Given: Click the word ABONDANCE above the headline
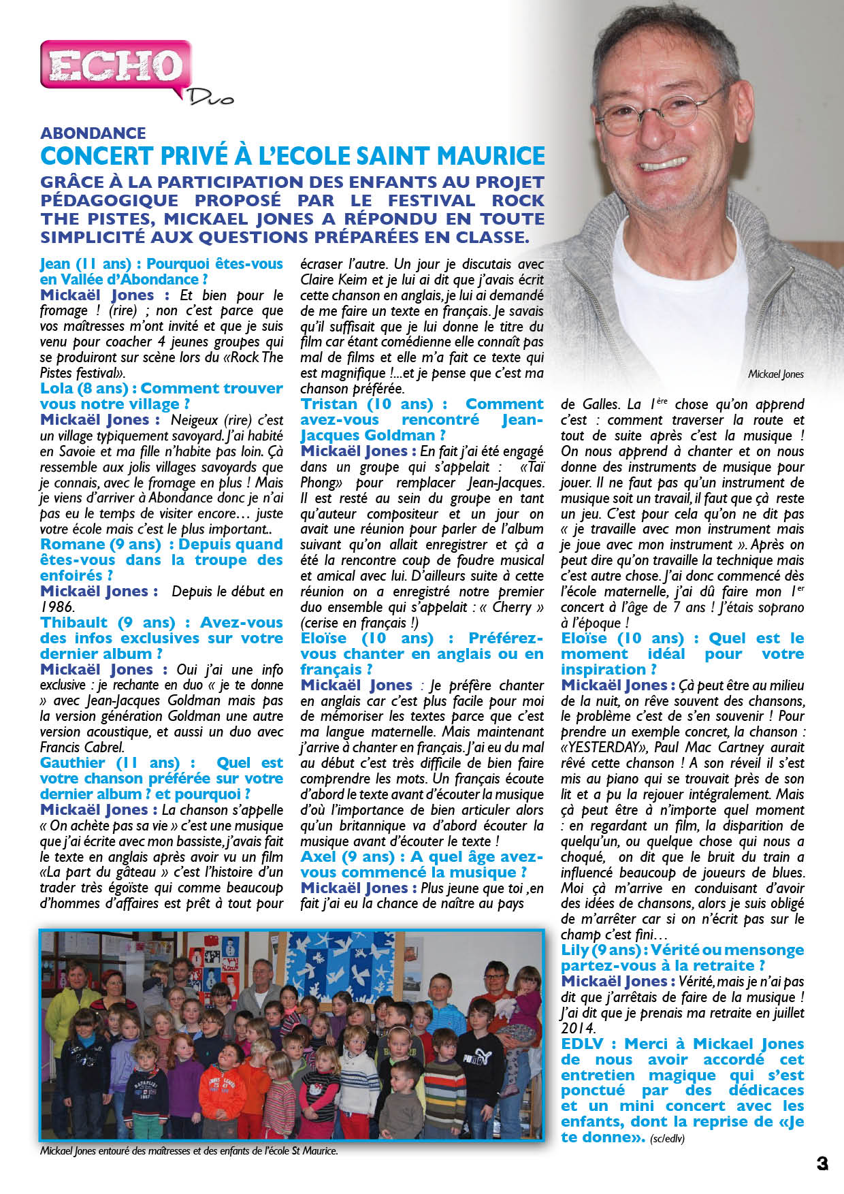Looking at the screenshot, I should [x=93, y=133].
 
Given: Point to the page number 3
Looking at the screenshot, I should [x=822, y=1163].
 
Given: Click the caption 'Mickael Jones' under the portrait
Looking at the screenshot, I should [x=775, y=374].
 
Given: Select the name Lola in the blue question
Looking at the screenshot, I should [x=56, y=389].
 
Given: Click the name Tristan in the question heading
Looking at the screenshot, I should [x=328, y=404].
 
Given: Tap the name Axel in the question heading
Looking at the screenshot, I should [x=319, y=856].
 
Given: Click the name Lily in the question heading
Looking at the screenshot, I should [x=574, y=950].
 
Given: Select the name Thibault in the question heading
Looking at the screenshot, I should [x=74, y=623].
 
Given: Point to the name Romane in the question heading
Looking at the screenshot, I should [x=71, y=545].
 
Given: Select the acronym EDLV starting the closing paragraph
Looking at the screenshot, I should [x=583, y=1044].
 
